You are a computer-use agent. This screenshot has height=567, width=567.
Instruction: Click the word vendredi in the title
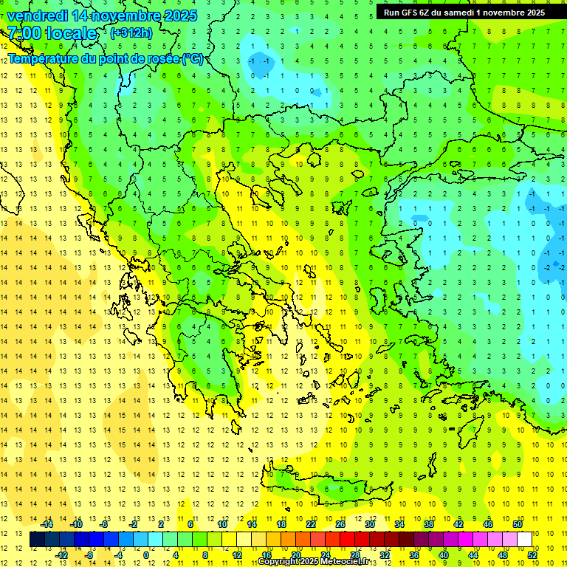[x=37, y=16]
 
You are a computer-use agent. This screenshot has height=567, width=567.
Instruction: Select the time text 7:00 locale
[x=52, y=33]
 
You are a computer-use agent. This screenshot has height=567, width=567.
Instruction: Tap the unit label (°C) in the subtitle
[x=193, y=58]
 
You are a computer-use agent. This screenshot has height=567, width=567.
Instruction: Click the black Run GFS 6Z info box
[x=464, y=12]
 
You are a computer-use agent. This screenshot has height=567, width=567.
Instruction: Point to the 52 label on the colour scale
[x=532, y=555]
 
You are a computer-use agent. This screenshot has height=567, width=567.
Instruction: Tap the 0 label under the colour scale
[x=146, y=555]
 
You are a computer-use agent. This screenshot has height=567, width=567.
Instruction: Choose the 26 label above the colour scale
[x=340, y=524]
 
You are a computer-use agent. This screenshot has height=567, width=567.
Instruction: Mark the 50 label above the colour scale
[x=517, y=524]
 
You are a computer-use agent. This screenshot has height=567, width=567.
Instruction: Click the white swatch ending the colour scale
[x=524, y=540]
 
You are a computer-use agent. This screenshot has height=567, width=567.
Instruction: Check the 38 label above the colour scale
[x=429, y=524]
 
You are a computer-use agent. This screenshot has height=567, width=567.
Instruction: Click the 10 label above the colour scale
[x=222, y=524]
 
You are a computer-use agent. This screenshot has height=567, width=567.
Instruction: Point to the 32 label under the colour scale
[x=385, y=555]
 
